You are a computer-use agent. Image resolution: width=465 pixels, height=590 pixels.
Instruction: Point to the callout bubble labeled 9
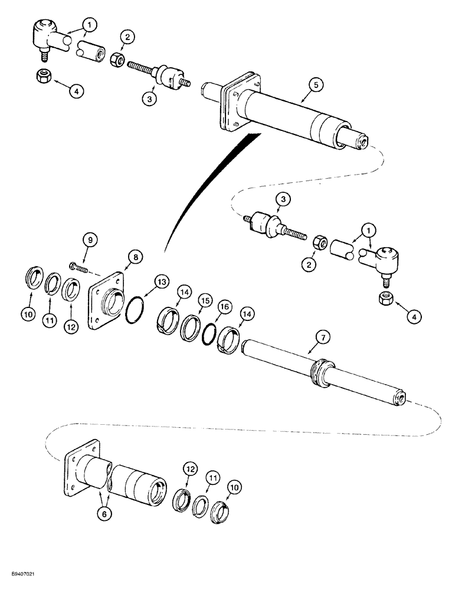90,240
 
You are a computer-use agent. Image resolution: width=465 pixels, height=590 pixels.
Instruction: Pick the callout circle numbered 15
204,299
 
